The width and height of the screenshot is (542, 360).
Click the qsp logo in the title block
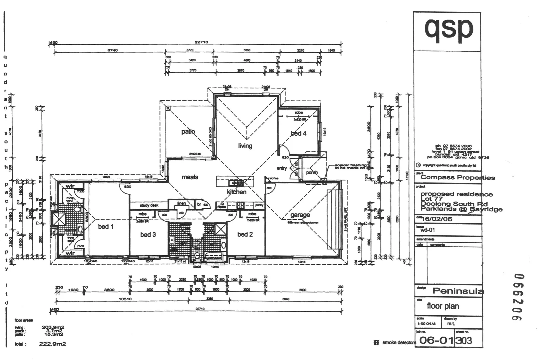[448, 29]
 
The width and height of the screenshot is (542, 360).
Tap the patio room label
[188, 132]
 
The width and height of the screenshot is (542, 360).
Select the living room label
[245, 146]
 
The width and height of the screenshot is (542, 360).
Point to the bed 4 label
[298, 133]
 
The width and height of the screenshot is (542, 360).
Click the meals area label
[190, 177]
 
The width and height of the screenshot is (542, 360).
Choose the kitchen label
[237, 192]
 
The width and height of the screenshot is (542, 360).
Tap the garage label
[300, 215]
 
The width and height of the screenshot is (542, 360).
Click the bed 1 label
[106, 227]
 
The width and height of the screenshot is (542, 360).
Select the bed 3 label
[148, 235]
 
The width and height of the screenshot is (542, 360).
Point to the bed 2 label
[245, 234]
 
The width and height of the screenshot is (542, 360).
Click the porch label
[312, 173]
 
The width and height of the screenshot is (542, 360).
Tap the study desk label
[149, 205]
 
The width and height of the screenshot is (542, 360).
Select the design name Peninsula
[458, 291]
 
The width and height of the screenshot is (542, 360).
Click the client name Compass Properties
[458, 178]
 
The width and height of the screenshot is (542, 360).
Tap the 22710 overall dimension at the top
[201, 42]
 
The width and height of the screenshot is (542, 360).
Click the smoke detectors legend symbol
[376, 343]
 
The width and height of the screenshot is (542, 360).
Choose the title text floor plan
[443, 306]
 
